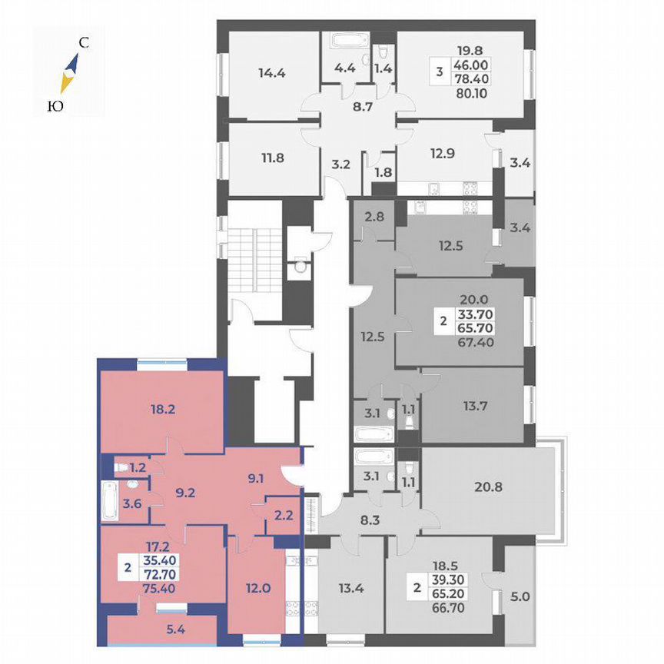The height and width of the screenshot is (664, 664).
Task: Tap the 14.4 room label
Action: pos(272,75)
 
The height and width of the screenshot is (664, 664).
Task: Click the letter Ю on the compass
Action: pos(55,108)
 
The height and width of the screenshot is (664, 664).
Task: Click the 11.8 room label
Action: pos(272,160)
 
